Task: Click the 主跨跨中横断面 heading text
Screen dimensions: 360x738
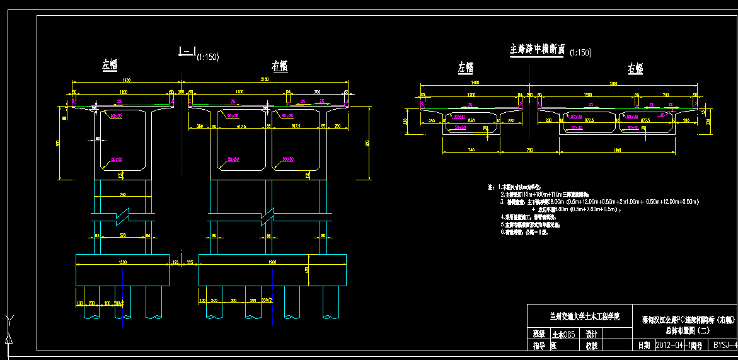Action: [x=537, y=49]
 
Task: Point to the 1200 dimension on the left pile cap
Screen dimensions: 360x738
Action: [x=122, y=262]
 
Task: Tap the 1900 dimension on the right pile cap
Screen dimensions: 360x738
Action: [x=272, y=262]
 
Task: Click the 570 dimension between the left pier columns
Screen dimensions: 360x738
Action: [x=122, y=236]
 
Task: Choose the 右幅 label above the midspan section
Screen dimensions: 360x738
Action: [x=635, y=68]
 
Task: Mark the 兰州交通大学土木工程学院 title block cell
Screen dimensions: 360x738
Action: [x=581, y=316]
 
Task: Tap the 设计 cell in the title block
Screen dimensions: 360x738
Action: [x=591, y=335]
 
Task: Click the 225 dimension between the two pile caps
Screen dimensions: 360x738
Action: [x=190, y=263]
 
